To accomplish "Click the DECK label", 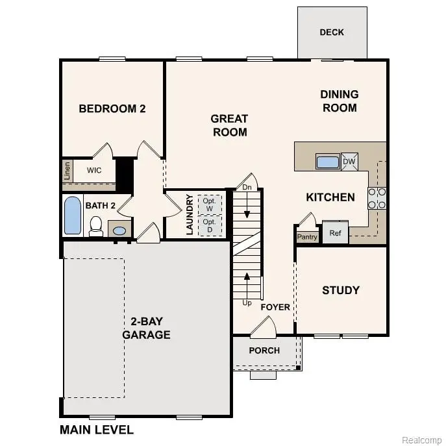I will click(x=332, y=32).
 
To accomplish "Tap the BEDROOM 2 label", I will click(x=112, y=108).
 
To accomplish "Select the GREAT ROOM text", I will click(x=229, y=125).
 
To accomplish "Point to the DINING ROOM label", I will click(x=339, y=101).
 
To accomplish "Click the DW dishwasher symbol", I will click(x=349, y=162).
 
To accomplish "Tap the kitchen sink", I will click(x=327, y=162).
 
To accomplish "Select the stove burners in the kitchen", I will click(x=377, y=197).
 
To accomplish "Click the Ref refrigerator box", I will click(x=336, y=232).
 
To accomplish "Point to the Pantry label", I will click(x=307, y=237).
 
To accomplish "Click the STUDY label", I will click(x=341, y=290).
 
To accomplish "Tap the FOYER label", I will click(x=275, y=307).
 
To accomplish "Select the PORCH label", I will click(x=265, y=351).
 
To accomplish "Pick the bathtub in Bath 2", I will click(x=73, y=216).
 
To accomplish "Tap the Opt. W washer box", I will click(x=209, y=203).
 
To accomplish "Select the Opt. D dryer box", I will click(x=209, y=225).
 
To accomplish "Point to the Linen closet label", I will click(x=68, y=171).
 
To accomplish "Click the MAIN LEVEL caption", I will click(x=97, y=429).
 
